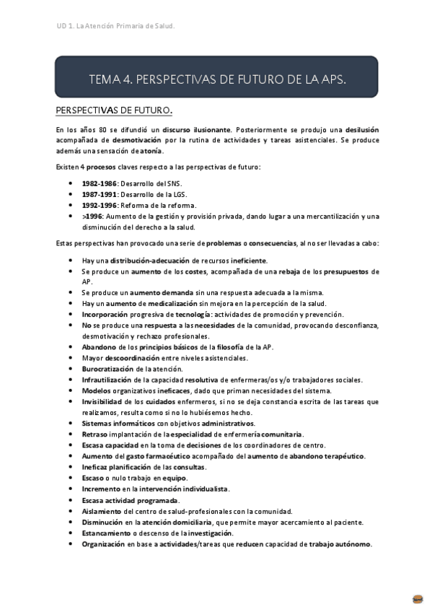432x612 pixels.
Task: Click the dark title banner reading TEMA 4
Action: [216, 78]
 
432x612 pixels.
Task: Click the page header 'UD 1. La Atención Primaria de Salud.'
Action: [115, 27]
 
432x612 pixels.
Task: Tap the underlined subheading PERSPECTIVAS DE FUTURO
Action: [114, 110]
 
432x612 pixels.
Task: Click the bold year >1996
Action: [94, 216]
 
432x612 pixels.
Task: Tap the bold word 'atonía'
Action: [151, 151]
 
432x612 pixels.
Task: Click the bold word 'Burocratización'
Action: [107, 369]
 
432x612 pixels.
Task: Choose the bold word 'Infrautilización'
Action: [107, 380]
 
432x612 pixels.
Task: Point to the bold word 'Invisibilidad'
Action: [105, 401]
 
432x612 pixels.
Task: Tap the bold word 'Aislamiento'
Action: [103, 511]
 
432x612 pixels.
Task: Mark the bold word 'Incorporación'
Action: [106, 314]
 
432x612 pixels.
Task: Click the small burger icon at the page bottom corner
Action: [418, 599]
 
